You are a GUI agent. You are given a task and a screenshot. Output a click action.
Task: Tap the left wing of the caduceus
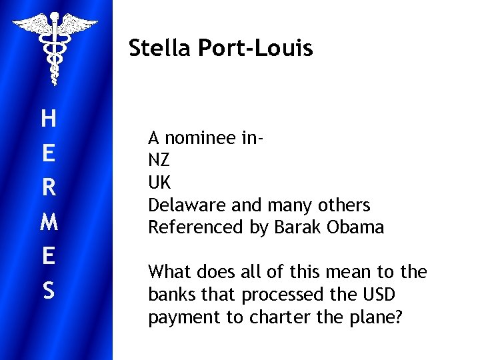click(31, 25)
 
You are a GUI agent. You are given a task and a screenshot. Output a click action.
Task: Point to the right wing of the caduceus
click(79, 25)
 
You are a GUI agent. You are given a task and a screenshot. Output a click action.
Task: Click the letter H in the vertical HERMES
click(48, 119)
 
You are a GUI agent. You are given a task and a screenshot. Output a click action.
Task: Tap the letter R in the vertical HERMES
click(48, 188)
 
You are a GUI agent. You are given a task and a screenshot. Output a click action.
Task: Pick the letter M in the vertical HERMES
click(48, 222)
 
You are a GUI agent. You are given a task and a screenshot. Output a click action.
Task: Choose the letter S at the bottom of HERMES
click(48, 291)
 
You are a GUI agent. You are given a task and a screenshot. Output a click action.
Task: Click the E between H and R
click(48, 153)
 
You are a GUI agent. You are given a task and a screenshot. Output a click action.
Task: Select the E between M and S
click(48, 257)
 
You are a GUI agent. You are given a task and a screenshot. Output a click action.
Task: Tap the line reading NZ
click(159, 161)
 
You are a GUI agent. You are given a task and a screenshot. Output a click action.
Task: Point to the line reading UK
click(159, 183)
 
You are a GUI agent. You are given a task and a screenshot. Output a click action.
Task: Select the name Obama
click(355, 227)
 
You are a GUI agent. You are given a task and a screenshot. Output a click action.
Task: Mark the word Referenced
click(196, 227)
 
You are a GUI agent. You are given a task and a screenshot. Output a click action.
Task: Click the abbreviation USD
click(380, 295)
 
